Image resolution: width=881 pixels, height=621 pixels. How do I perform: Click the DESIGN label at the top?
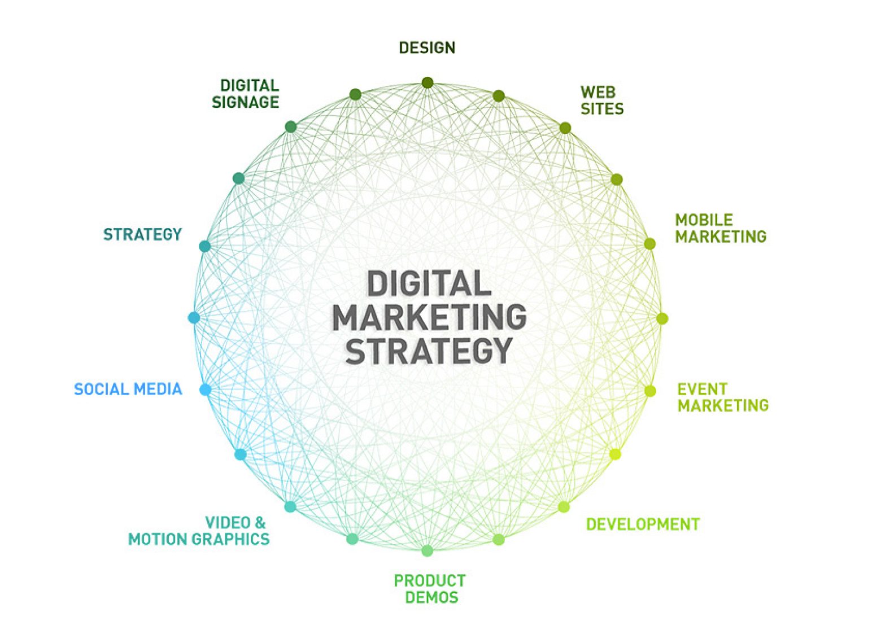tap(427, 47)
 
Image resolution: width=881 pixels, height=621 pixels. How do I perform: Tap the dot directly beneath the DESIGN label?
tap(428, 83)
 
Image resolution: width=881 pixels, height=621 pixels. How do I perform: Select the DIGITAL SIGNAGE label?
tap(246, 94)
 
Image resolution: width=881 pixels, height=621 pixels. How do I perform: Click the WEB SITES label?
tap(602, 100)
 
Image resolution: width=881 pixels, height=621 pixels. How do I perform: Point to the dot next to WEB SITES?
tap(565, 128)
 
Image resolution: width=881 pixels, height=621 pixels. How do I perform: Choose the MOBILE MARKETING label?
tap(721, 228)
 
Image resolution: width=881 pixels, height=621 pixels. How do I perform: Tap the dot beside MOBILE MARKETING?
tap(650, 244)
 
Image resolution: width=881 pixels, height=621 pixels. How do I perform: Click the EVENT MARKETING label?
tap(723, 397)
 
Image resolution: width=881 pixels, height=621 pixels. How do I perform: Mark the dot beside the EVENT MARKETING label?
tap(651, 391)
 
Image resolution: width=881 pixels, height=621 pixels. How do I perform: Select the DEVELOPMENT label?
tap(643, 524)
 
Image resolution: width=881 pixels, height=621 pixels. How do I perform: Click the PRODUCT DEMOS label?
tap(430, 589)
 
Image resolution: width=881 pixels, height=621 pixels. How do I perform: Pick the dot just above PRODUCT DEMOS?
tap(428, 550)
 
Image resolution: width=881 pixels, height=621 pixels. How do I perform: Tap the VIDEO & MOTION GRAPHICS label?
tap(199, 531)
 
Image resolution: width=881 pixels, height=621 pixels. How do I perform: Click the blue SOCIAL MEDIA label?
tap(128, 389)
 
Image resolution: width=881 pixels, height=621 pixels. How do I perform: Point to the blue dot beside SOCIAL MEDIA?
tap(206, 390)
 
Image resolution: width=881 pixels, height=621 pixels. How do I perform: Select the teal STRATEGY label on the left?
tap(142, 234)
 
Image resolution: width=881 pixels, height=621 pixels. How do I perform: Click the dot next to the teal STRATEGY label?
tap(205, 246)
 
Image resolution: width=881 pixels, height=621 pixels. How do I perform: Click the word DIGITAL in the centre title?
tap(429, 283)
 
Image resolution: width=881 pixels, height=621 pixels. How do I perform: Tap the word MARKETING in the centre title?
tap(429, 317)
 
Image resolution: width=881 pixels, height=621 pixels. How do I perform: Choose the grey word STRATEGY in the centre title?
tap(429, 351)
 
